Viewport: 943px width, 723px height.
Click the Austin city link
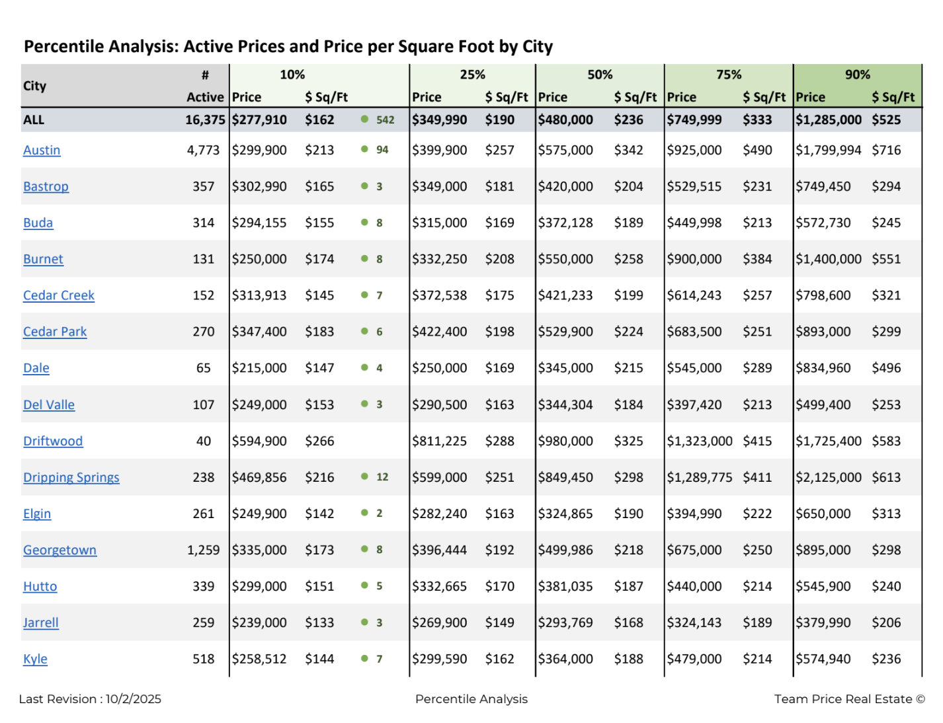[x=42, y=150]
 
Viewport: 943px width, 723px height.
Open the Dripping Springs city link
[x=71, y=477]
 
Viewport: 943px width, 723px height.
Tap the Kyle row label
[x=35, y=659]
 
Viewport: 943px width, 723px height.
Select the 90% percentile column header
[x=857, y=75]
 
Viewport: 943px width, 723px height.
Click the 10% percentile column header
[x=292, y=75]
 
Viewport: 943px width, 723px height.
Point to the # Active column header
[x=205, y=86]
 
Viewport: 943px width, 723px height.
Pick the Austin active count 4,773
[x=203, y=150]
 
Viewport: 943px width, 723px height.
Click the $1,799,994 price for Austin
[x=828, y=150]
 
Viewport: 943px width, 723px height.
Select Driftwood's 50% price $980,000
[x=565, y=441]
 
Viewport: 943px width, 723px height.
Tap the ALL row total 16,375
[x=205, y=120]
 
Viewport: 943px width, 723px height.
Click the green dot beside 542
[x=364, y=120]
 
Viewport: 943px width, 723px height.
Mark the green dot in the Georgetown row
[x=364, y=549]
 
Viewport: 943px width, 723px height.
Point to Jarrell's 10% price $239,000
[x=259, y=623]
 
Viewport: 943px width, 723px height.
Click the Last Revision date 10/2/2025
[x=133, y=699]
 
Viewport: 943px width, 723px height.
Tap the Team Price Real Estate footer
[x=849, y=699]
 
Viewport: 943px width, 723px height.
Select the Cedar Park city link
[x=55, y=332]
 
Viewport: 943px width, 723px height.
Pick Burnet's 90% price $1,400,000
[x=828, y=259]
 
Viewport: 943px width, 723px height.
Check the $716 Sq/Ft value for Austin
[x=886, y=150]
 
